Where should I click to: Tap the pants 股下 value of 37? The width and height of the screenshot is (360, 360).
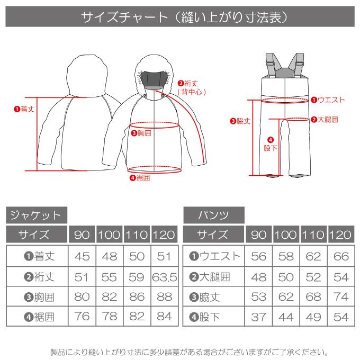(x=259, y=317)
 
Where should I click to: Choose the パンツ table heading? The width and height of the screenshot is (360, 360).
(x=213, y=215)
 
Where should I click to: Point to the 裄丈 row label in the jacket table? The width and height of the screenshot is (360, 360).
(x=36, y=276)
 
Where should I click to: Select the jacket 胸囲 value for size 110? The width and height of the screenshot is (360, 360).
(x=136, y=296)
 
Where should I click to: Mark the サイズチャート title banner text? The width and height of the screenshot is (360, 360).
(x=180, y=17)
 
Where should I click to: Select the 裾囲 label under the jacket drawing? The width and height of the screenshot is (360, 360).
(x=140, y=178)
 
